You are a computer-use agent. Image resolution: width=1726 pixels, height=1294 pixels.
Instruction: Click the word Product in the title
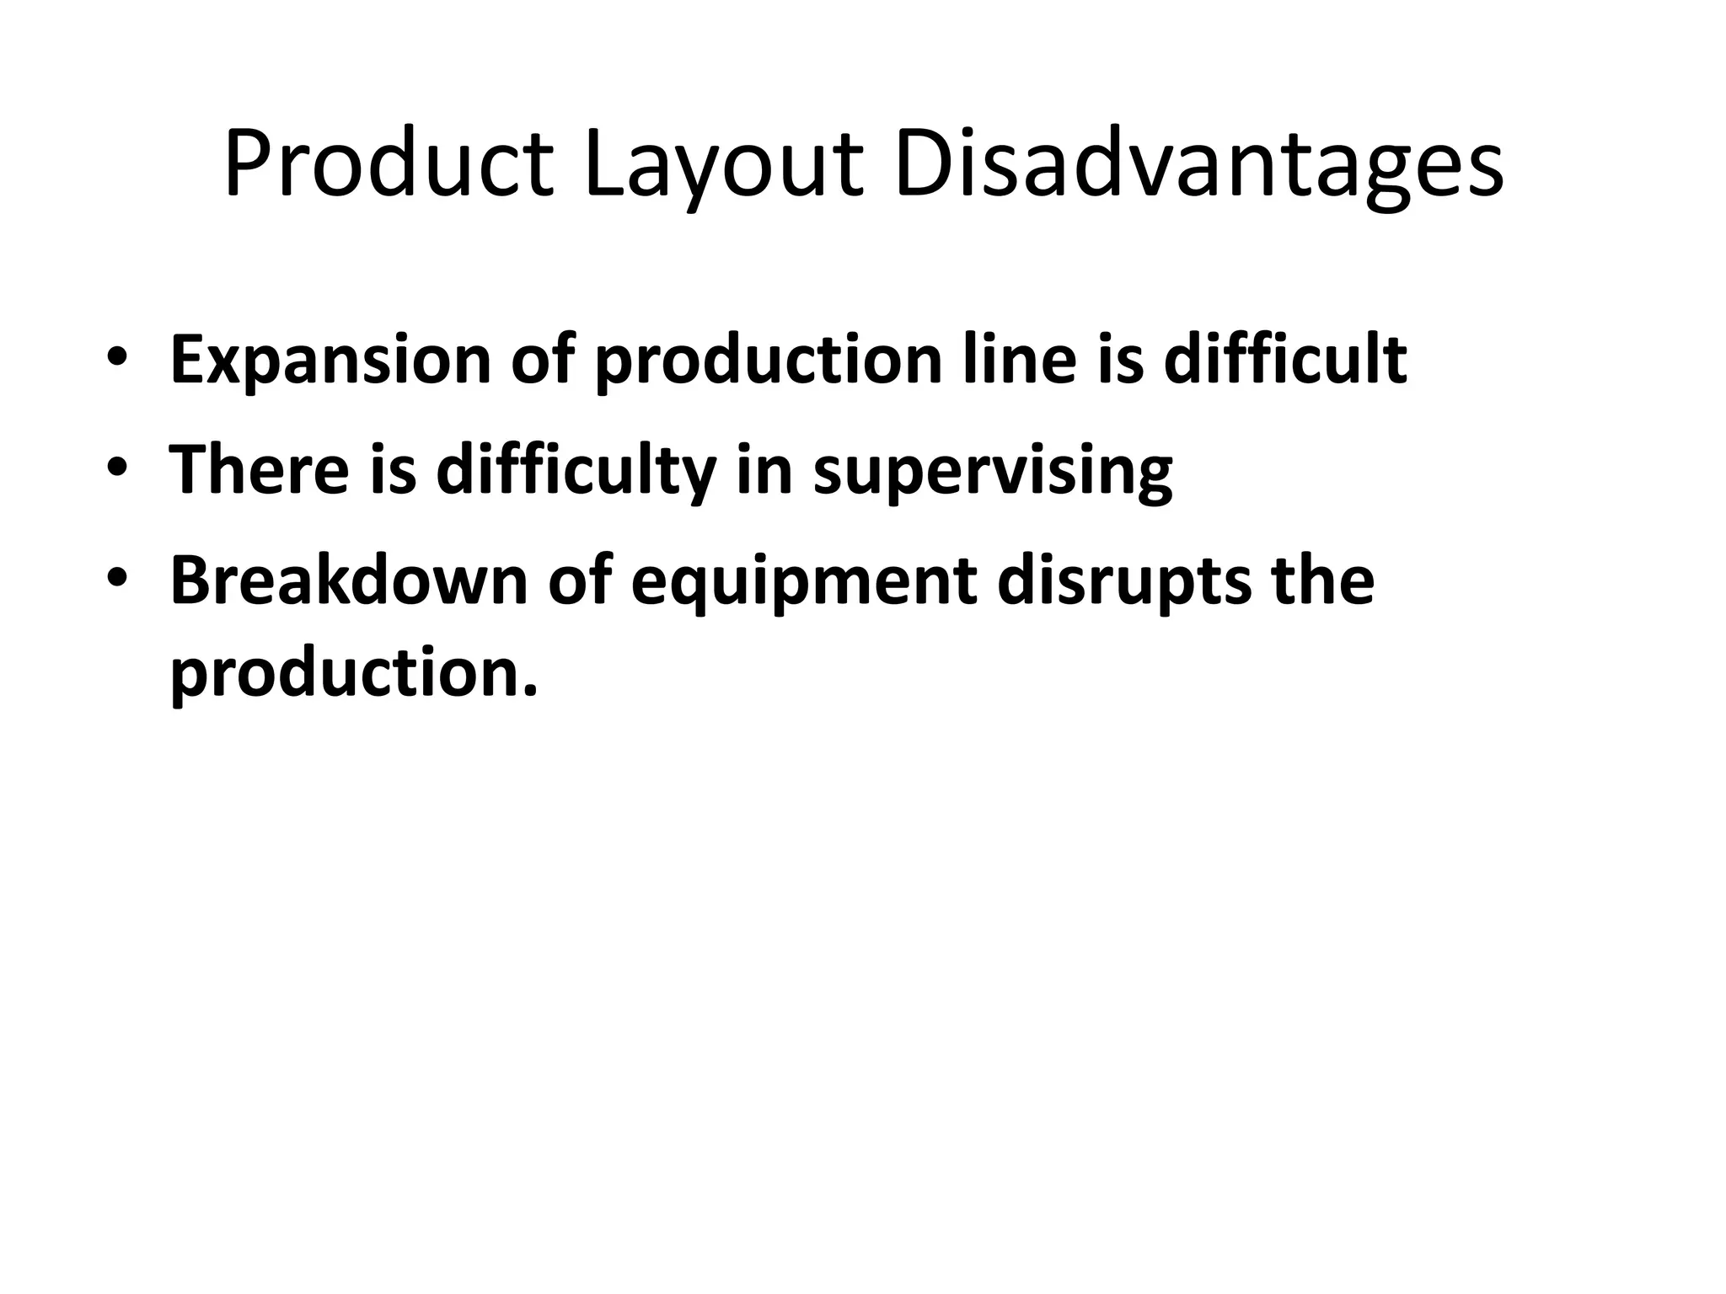click(389, 163)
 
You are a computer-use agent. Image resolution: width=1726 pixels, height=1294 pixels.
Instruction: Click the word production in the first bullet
click(768, 360)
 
